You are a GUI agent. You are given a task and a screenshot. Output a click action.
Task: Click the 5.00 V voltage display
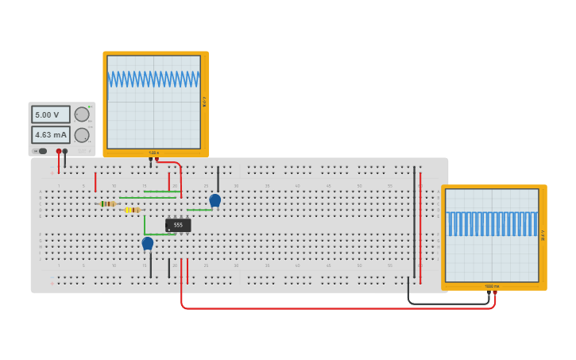[50, 114]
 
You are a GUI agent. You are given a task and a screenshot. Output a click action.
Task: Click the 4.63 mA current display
[50, 134]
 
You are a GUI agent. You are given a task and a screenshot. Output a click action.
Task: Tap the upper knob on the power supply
[82, 114]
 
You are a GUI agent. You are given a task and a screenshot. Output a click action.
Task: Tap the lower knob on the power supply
[82, 135]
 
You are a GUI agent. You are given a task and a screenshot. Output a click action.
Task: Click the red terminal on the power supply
[59, 151]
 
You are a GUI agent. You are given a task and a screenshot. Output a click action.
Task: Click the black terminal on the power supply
[65, 151]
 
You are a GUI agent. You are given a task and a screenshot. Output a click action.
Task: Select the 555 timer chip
[178, 225]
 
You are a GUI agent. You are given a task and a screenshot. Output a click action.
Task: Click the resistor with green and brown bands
[107, 203]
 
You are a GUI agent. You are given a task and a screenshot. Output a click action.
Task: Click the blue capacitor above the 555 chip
[215, 199]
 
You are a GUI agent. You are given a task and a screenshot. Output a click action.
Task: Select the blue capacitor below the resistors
[147, 243]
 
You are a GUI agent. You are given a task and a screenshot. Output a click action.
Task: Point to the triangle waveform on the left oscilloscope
[154, 79]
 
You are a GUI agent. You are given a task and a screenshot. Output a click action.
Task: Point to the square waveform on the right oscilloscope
[492, 224]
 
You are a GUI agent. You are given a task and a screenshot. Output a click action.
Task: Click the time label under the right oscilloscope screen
[492, 286]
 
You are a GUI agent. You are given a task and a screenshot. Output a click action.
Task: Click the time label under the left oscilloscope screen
[154, 153]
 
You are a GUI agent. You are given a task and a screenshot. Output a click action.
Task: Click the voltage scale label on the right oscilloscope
[543, 235]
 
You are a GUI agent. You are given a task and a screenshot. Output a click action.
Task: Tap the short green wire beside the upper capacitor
[199, 210]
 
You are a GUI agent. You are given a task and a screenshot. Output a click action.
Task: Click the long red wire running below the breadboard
[334, 308]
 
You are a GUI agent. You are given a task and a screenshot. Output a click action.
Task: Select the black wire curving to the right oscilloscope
[445, 303]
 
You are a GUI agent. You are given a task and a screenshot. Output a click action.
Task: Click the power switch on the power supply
[41, 151]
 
